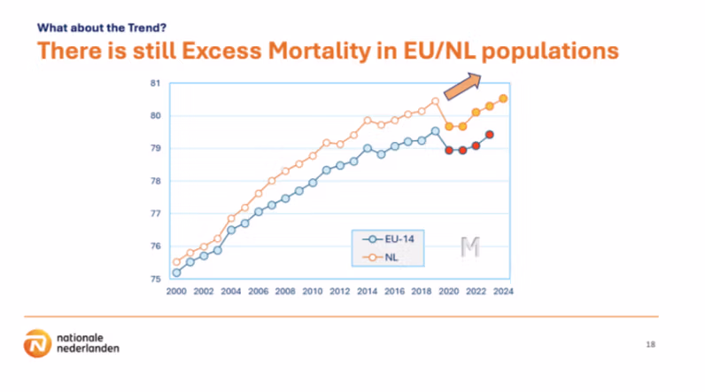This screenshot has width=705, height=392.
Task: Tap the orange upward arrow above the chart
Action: click(461, 89)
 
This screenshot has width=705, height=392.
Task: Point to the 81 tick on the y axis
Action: click(153, 83)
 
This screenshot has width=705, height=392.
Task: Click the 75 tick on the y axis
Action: click(153, 278)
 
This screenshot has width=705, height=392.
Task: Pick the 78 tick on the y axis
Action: click(153, 181)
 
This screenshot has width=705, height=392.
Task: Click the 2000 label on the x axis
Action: click(176, 292)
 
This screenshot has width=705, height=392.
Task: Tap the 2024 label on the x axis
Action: click(503, 292)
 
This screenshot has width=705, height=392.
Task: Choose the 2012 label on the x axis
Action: click(340, 292)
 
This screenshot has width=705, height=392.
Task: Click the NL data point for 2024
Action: click(503, 98)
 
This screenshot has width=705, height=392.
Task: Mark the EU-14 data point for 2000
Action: click(177, 272)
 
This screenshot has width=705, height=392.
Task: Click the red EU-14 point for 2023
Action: click(490, 135)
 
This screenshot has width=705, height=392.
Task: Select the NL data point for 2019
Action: click(435, 101)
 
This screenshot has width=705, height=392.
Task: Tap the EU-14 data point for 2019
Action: click(435, 131)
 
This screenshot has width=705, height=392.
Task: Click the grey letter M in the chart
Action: click(469, 248)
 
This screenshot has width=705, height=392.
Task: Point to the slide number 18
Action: click(650, 342)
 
